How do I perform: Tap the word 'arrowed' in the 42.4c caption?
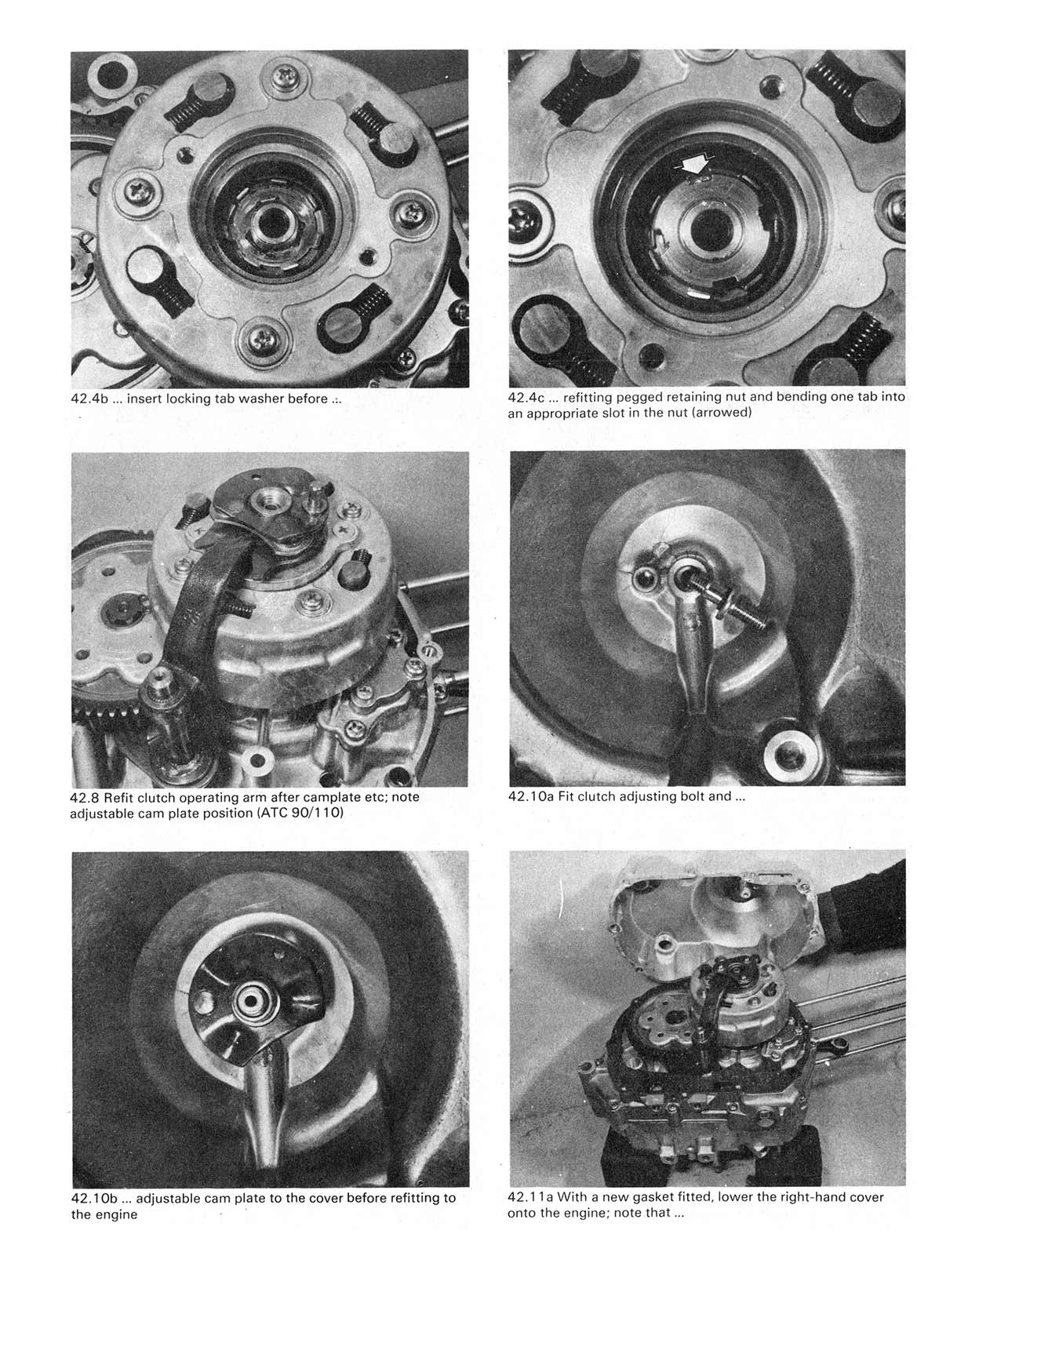click(x=720, y=413)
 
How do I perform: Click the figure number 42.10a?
click(x=531, y=796)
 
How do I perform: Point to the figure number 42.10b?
click(x=94, y=1198)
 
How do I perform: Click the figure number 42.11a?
click(x=530, y=1197)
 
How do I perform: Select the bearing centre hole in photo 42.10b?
click(x=253, y=1002)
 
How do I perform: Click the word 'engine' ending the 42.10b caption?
click(x=115, y=1214)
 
